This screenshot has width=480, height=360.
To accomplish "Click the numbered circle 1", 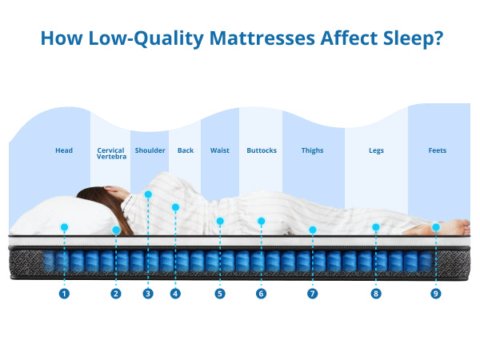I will click(64, 294).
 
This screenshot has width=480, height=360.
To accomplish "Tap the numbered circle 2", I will click(116, 294).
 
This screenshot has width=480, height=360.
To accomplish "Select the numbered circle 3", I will click(148, 294).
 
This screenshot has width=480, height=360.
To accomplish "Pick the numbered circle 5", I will click(220, 294).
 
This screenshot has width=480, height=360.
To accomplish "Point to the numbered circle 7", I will click(312, 294).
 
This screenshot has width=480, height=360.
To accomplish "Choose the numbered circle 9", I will click(436, 294).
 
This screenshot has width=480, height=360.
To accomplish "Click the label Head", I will click(64, 150).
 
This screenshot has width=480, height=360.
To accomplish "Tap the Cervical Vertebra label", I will click(110, 154).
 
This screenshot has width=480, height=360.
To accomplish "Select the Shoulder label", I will click(150, 150).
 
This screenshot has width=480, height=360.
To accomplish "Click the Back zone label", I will click(186, 150).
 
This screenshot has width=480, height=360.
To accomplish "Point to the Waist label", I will click(220, 150).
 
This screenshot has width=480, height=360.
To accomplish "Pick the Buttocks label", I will click(262, 150).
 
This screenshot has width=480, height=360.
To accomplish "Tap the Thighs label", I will click(313, 150).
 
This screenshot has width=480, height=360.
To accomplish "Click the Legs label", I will click(376, 150).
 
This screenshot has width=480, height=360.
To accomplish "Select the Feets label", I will click(438, 150).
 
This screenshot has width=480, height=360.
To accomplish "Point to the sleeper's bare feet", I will click(448, 226).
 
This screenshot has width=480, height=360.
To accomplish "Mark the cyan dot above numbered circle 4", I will click(175, 207).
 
